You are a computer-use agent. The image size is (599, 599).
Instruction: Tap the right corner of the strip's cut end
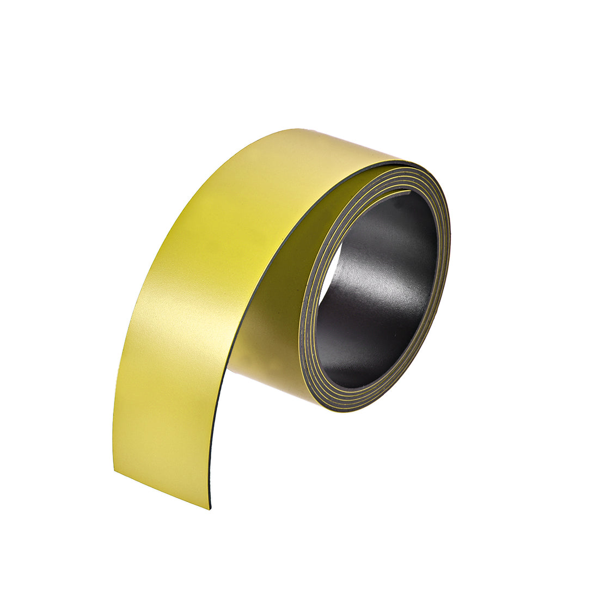210,508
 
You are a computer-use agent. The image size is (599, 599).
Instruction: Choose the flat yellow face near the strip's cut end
163,436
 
